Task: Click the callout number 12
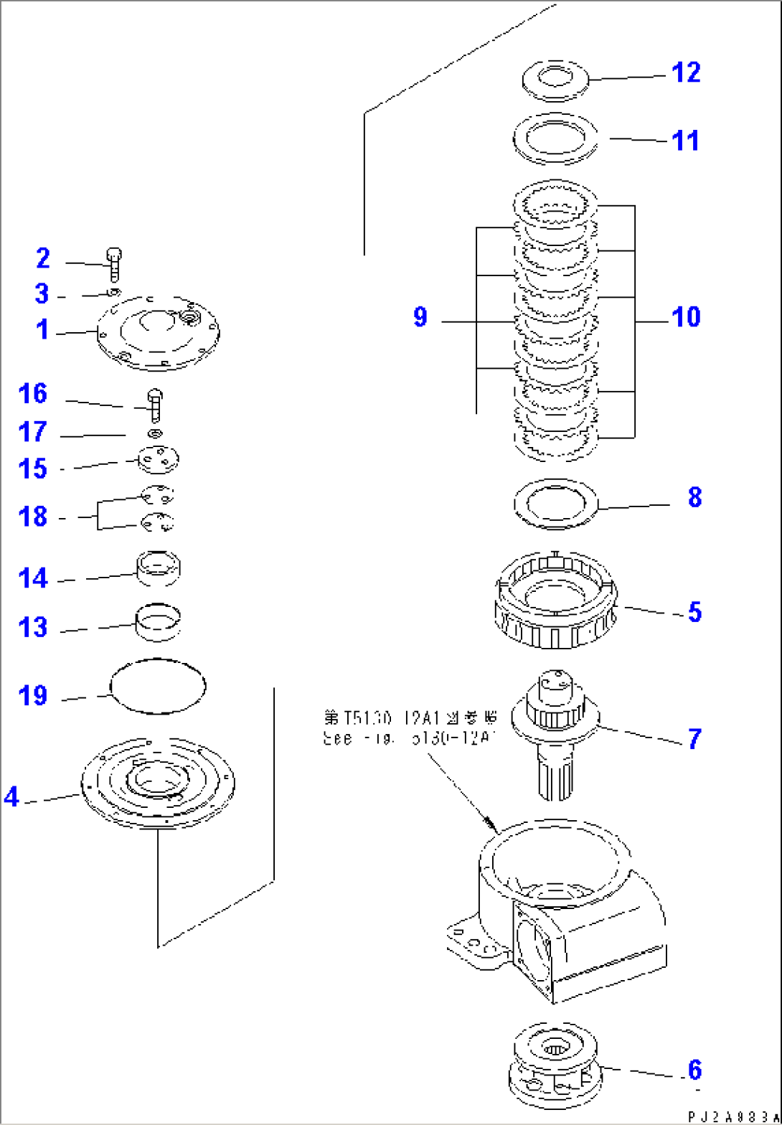685,72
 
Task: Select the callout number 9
420,317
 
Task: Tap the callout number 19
33,695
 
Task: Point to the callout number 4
11,796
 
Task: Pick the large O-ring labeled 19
157,686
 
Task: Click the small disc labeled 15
158,460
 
